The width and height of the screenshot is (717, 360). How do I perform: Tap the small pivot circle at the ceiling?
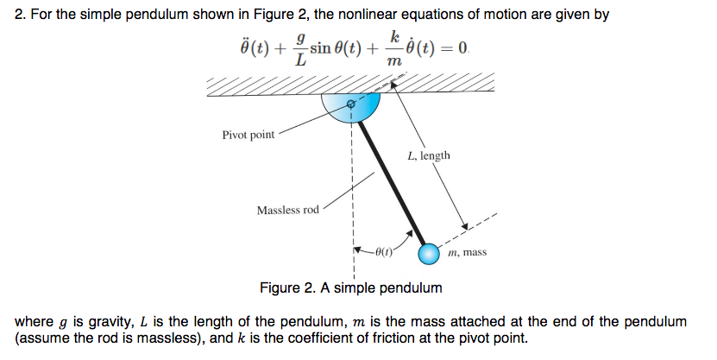click(350, 104)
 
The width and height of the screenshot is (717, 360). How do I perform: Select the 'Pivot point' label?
click(248, 136)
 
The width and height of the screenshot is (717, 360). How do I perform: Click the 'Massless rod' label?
click(287, 211)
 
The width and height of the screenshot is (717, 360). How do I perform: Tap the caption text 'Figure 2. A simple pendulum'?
click(350, 287)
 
